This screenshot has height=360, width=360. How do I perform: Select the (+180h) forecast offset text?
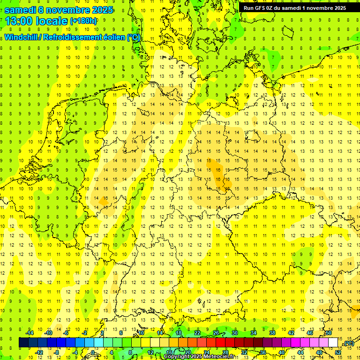pos(83,21)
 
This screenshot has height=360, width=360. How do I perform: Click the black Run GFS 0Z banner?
pos(294,8)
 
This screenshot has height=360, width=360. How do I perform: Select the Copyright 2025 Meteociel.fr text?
pos(199,356)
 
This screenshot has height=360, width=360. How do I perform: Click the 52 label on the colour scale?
pos(338,352)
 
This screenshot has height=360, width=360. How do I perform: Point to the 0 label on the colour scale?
pos(93,352)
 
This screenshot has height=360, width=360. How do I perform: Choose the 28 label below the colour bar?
pos(225,352)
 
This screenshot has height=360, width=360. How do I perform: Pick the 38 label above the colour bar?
pos(272,333)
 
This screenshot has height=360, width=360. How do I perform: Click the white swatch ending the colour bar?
pos(333,343)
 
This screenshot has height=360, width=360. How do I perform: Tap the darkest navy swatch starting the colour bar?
pos(24,343)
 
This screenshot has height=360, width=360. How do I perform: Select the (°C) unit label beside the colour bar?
pos(349,344)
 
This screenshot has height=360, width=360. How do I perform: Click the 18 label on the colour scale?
pos(179,333)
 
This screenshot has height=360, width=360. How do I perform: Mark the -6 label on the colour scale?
pos(66,333)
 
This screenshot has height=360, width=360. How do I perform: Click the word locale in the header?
pos(51,21)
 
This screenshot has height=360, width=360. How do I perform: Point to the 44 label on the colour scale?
pos(300,352)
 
